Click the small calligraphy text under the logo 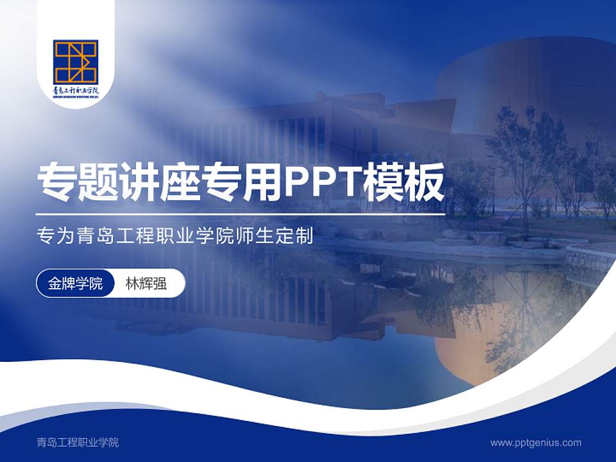(76, 92)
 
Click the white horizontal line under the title (240, 214)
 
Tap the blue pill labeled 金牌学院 (75, 283)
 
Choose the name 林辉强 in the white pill (146, 283)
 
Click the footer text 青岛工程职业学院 (78, 442)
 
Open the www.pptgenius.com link (536, 442)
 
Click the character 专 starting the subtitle (44, 236)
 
